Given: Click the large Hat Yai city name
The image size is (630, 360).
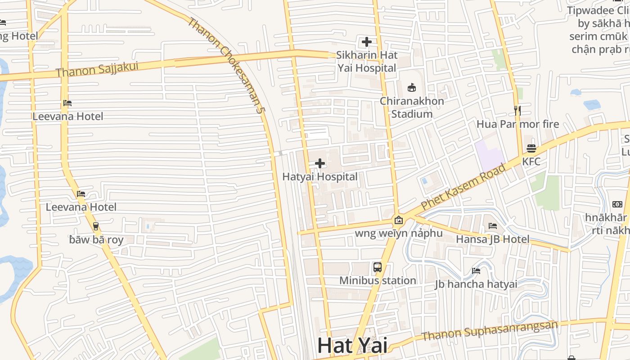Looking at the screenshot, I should click(x=352, y=346).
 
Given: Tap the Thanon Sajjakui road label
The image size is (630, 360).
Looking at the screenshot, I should click(x=97, y=69).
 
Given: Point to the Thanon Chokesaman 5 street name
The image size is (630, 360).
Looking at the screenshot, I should click(x=225, y=65).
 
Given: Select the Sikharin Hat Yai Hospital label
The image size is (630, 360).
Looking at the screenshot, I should click(x=367, y=62).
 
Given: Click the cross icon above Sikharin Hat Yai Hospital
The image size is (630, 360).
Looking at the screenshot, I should click(x=367, y=42).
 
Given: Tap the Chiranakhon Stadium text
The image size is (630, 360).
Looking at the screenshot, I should click(x=412, y=107).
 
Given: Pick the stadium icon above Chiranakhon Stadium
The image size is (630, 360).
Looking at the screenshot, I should click(x=412, y=87).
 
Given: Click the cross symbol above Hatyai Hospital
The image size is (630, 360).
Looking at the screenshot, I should click(x=320, y=163).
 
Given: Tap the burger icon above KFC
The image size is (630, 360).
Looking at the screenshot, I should click(x=531, y=148).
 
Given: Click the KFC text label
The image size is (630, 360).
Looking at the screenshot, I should click(x=531, y=161).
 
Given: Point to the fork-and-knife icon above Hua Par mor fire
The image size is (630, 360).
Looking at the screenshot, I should click(x=517, y=110).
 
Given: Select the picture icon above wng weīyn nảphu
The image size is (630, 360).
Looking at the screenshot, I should click(x=399, y=220).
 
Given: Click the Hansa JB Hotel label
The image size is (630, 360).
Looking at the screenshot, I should click(x=493, y=239).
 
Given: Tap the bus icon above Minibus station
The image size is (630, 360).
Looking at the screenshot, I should click(x=378, y=267).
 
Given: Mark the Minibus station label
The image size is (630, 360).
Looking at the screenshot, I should click(x=378, y=280).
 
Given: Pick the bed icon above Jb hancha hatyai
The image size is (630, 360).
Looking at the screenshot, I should click(x=476, y=271).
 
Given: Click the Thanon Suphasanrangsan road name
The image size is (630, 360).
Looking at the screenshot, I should click(x=490, y=331).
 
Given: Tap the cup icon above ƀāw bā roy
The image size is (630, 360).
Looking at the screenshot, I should click(x=96, y=226).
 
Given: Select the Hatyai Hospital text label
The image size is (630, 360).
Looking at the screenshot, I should click(x=320, y=176).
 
